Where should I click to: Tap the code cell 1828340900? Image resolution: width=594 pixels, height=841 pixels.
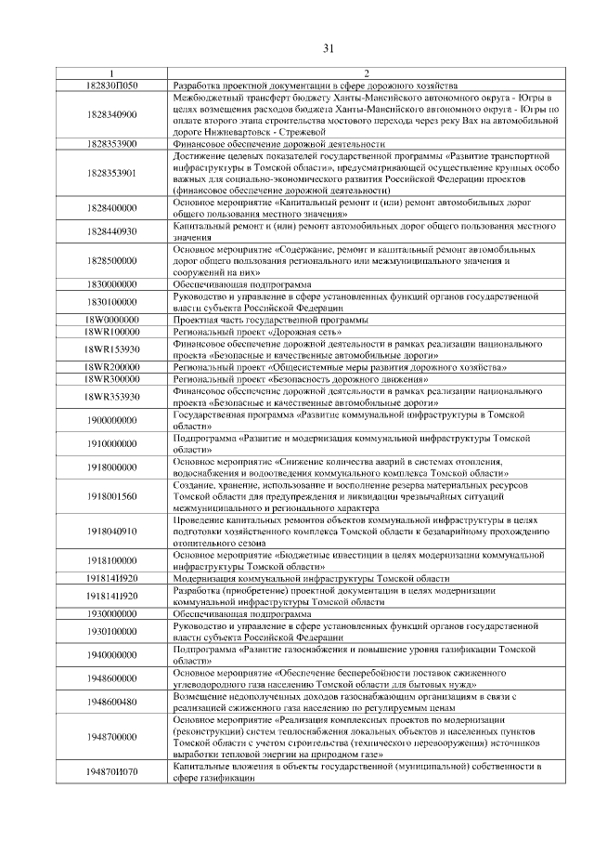click(x=111, y=114)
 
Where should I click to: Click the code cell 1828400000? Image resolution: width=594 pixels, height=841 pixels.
click(x=111, y=208)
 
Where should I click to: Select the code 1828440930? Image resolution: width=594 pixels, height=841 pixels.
click(x=111, y=231)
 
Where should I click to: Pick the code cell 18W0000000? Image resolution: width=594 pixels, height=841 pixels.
click(x=111, y=320)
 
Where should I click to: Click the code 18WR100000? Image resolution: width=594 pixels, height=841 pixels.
click(x=111, y=331)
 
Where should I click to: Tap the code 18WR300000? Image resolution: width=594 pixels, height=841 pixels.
click(x=111, y=379)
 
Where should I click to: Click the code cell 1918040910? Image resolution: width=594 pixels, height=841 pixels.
click(x=111, y=532)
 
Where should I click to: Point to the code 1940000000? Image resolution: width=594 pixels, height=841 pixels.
click(x=111, y=654)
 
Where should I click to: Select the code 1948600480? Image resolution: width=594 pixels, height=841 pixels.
click(x=111, y=702)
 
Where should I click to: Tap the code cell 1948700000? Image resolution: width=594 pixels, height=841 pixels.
click(x=111, y=736)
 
